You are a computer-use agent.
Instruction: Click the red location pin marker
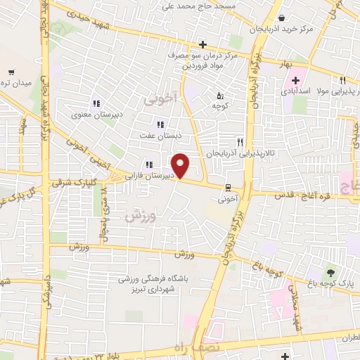181,165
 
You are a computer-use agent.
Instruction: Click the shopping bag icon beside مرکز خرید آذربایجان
281,18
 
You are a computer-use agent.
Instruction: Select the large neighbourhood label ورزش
138,215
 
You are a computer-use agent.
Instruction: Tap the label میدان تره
17,83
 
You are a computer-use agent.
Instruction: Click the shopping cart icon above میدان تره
11,72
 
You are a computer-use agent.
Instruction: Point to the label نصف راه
207,349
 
